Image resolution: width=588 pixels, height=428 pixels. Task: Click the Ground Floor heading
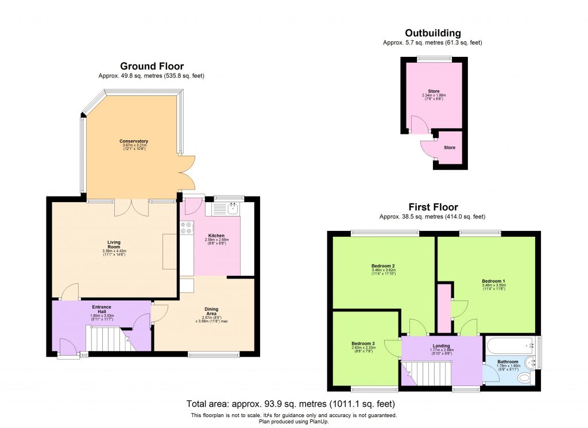152,66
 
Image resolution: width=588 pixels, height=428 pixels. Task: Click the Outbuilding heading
432,33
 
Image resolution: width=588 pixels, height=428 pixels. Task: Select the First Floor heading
433,207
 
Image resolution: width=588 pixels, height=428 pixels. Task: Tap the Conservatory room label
134,141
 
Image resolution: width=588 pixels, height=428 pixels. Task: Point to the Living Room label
113,245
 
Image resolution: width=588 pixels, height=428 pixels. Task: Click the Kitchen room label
216,236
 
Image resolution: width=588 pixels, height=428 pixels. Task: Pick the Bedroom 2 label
382,267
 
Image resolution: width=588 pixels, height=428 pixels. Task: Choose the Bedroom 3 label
363,344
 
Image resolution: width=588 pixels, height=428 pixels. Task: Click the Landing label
442,346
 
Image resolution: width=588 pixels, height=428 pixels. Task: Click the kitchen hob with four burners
186,228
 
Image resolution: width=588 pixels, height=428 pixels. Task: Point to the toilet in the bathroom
525,379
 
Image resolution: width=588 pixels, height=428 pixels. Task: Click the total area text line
291,403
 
